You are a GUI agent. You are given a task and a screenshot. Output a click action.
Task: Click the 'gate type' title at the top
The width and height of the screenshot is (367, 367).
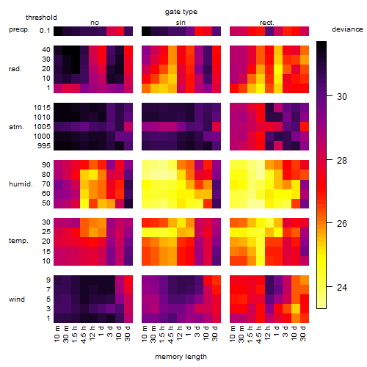tap(181, 12)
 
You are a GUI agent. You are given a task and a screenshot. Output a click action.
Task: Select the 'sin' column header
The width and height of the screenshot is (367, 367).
tap(181, 23)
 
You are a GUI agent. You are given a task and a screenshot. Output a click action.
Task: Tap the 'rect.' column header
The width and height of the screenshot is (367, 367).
tap(267, 23)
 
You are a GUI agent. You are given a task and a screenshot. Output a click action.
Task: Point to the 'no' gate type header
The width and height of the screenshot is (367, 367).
tap(95, 23)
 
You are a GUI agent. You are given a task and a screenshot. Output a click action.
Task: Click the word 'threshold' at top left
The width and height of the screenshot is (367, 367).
tap(41, 18)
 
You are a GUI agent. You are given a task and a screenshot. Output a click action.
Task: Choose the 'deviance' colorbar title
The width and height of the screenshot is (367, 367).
tap(347, 29)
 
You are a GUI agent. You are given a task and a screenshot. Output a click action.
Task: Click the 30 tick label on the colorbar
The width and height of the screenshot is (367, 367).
tap(342, 97)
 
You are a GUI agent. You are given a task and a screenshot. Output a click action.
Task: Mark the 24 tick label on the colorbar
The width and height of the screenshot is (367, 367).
tap(342, 287)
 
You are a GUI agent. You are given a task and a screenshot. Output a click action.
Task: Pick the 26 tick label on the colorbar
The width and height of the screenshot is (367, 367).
tap(342, 223)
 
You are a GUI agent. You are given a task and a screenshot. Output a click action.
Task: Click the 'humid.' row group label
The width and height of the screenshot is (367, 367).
tap(21, 184)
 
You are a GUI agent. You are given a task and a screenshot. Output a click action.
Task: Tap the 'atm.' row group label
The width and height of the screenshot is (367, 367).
tap(16, 127)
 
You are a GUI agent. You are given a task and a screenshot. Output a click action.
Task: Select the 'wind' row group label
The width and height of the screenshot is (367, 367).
tap(17, 299)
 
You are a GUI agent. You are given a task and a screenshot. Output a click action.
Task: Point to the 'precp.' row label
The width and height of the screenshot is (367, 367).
tap(19, 29)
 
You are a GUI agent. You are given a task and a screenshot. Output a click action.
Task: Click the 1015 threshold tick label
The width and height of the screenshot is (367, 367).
tap(42, 108)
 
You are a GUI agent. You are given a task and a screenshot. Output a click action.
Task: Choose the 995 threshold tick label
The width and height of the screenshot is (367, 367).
tap(44, 146)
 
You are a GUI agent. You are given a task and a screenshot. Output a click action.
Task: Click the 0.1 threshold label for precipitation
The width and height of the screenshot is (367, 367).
tap(45, 31)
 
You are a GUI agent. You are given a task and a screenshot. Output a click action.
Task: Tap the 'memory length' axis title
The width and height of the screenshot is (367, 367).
tap(181, 357)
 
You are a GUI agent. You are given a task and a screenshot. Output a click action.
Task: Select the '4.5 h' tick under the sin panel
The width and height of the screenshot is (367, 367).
tap(171, 335)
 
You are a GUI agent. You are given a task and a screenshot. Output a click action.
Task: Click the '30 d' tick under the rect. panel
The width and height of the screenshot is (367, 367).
tap(303, 333)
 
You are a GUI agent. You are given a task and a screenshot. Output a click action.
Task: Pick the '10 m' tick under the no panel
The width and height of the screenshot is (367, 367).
tap(57, 334)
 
